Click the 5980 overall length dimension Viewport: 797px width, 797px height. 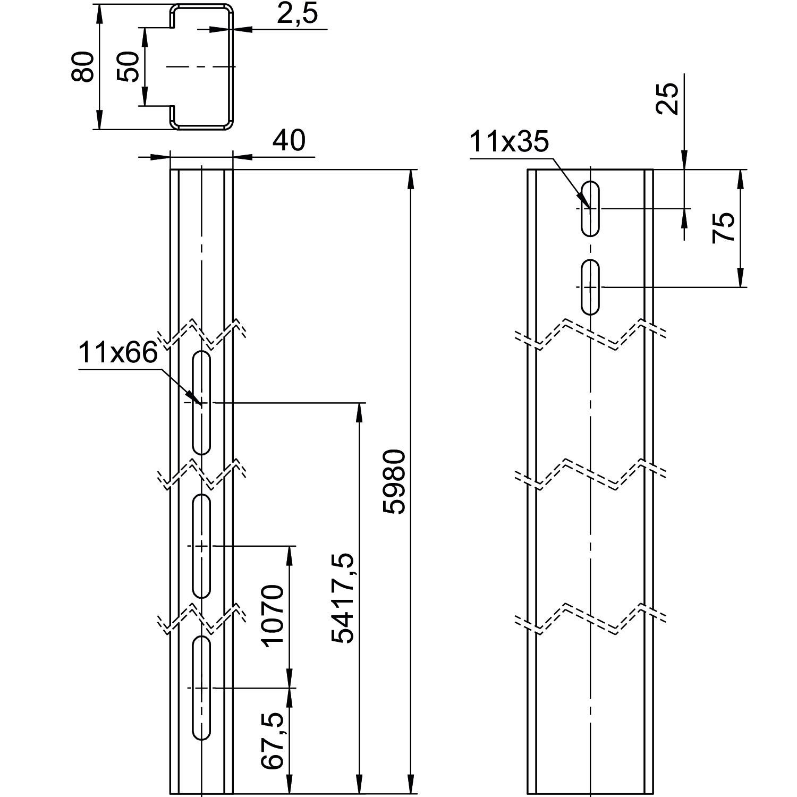(395, 481)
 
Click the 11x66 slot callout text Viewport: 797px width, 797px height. (118, 352)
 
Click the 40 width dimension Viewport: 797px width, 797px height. (289, 140)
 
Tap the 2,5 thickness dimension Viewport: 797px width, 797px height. (297, 14)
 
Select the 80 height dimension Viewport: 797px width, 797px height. (83, 67)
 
